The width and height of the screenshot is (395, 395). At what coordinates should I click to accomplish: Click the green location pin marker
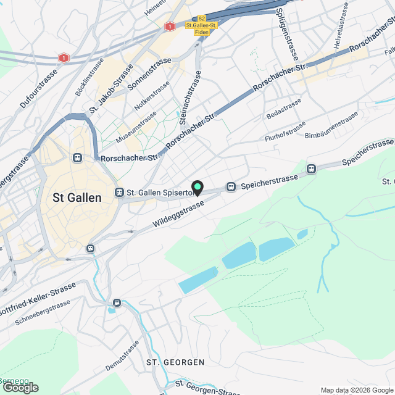[197, 186]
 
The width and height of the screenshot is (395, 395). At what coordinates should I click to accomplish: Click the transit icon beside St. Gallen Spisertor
[120, 193]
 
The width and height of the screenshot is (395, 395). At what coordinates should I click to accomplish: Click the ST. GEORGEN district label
[175, 361]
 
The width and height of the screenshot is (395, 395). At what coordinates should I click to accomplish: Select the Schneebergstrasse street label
[43, 314]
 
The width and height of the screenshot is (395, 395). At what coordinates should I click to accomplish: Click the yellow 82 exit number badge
[202, 19]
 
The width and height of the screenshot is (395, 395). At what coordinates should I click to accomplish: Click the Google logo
[21, 387]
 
